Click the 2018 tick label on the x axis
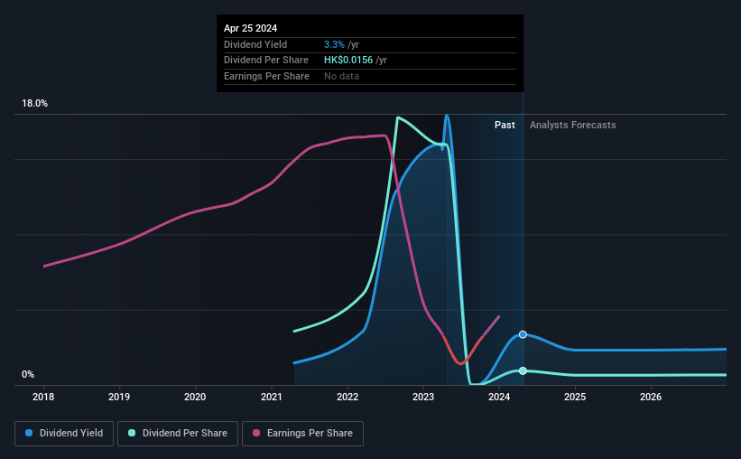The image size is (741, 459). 43,396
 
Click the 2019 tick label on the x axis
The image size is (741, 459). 119,396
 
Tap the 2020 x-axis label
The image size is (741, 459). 196,396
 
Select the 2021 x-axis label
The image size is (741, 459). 272,396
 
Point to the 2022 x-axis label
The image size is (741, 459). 347,396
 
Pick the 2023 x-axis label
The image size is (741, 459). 423,396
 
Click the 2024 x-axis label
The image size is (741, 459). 499,396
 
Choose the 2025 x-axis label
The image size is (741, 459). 575,396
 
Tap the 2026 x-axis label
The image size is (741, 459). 651,396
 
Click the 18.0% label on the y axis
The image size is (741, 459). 35,104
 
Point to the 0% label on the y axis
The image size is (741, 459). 28,375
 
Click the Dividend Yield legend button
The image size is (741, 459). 64,434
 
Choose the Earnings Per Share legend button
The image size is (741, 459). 302,434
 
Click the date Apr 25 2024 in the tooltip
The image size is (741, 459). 252,28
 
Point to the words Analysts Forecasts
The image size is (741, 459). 573,125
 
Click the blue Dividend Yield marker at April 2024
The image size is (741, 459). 523,334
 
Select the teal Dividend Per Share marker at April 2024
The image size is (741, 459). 523,370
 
